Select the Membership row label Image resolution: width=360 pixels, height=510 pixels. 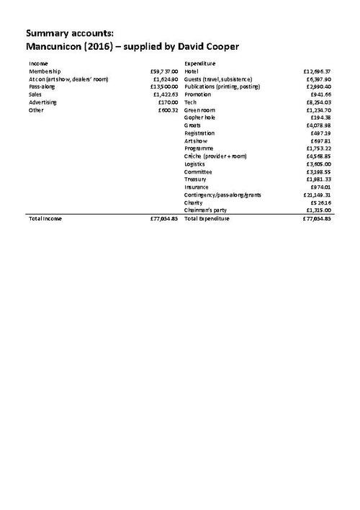(x=45, y=71)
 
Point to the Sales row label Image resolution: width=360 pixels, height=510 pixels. (x=35, y=94)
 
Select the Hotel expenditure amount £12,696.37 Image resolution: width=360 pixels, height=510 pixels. (x=318, y=71)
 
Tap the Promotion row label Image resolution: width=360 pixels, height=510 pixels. (x=198, y=94)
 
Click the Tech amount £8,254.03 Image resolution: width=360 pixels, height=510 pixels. (x=319, y=102)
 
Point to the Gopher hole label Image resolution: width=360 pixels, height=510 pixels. (x=201, y=117)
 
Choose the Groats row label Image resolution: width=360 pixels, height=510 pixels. (x=193, y=125)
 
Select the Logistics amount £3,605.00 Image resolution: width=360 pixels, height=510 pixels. (x=319, y=164)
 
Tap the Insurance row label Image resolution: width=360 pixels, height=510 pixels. (x=197, y=187)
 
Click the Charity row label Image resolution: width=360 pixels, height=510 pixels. (x=193, y=202)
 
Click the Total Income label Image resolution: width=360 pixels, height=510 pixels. (x=45, y=218)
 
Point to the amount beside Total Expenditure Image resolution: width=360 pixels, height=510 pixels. (x=317, y=218)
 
